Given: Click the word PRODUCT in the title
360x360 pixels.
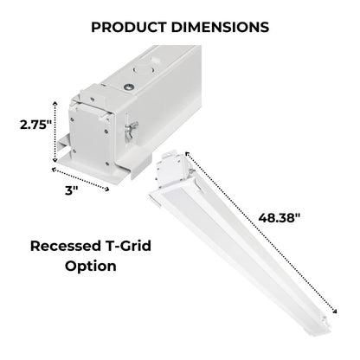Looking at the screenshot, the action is (129, 27).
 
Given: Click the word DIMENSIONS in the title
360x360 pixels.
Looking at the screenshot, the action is (220, 27).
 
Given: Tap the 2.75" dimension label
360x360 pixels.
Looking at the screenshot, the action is (35, 125).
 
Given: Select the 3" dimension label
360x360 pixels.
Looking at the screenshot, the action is (71, 190).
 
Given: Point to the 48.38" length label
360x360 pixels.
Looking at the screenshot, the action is (280, 217).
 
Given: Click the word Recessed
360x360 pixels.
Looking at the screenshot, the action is (65, 246).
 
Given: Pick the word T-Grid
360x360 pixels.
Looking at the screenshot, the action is (127, 246).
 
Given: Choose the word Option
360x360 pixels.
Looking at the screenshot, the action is (91, 266).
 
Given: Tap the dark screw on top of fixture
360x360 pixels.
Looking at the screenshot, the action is (129, 87).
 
